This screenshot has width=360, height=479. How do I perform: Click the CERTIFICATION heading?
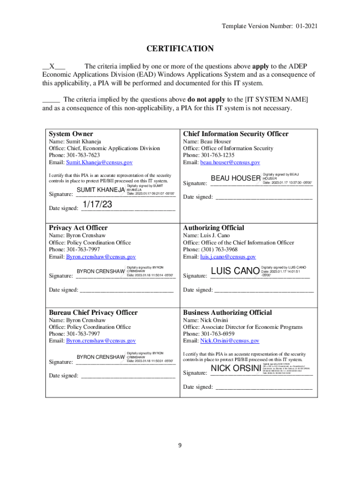pyautogui.click(x=180, y=49)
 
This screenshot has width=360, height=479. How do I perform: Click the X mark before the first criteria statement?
pyautogui.click(x=53, y=66)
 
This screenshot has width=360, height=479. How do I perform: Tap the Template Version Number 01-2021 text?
pyautogui.click(x=270, y=27)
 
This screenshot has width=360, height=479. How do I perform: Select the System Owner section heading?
pyautogui.click(x=71, y=134)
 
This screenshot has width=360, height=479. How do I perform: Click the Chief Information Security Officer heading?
pyautogui.click(x=236, y=134)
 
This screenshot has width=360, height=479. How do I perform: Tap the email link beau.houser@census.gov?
pyautogui.click(x=230, y=162)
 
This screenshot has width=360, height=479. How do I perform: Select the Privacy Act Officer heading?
pyautogui.click(x=78, y=228)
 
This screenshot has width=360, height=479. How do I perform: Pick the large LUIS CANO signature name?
pyautogui.click(x=235, y=271)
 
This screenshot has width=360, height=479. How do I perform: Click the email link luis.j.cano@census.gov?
pyautogui.click(x=228, y=257)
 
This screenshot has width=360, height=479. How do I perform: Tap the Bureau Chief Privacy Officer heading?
pyautogui.click(x=93, y=312)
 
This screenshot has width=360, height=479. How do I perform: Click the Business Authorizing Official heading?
pyautogui.click(x=227, y=312)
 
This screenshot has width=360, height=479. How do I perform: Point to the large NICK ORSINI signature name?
pyautogui.click(x=236, y=370)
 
